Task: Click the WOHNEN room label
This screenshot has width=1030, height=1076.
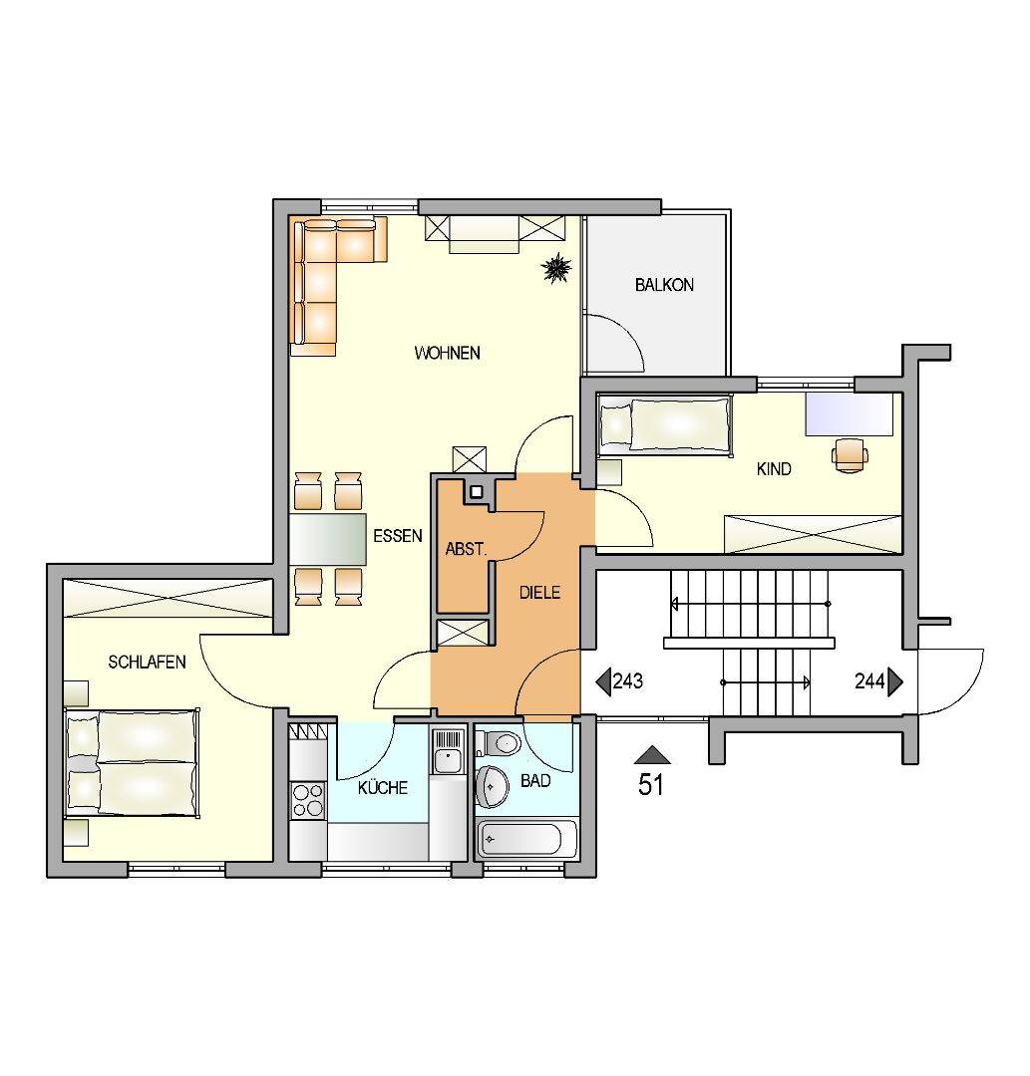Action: point(447,353)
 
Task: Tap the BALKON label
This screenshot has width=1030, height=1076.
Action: point(664,285)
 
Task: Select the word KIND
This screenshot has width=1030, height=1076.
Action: point(774,468)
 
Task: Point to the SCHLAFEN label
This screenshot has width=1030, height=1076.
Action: point(147,663)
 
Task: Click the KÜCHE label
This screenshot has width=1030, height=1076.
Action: point(383,787)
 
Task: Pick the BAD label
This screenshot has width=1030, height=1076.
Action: point(535,781)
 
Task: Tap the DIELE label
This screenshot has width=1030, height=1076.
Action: point(539,592)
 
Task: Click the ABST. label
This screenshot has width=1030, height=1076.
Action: point(466,549)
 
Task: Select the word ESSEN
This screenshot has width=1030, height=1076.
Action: point(398,536)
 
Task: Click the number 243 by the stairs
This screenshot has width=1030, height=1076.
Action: point(627,681)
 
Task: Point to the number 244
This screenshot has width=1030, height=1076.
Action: point(869,681)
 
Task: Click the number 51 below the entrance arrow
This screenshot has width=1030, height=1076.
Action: point(651,784)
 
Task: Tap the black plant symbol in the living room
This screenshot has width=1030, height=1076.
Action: point(556,268)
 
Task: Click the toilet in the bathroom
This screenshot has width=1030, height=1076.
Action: point(500,743)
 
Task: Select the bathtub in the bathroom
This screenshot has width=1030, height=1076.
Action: point(526,839)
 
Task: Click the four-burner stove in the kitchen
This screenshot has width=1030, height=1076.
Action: point(308,800)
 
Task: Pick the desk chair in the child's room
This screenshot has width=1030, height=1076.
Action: point(850,454)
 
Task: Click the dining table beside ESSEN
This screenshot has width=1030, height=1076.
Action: point(328,539)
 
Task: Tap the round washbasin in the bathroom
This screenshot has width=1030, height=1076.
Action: point(493,785)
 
